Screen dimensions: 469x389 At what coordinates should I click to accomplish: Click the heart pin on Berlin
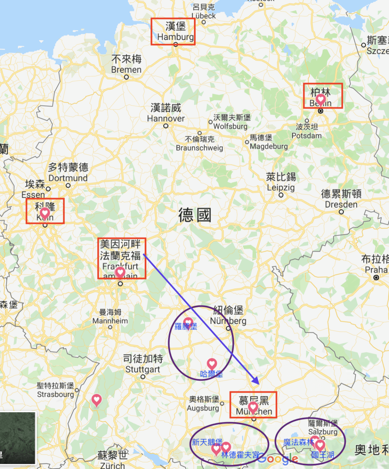click(321, 99)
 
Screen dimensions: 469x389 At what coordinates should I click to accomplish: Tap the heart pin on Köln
click(45, 213)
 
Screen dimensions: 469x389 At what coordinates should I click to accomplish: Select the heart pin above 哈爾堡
click(212, 364)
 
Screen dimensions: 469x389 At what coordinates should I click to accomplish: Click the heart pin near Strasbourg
click(96, 400)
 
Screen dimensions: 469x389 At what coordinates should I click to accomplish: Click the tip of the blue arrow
click(259, 384)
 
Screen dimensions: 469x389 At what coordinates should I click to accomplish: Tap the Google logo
click(278, 459)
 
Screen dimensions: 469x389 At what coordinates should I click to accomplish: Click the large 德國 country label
click(194, 215)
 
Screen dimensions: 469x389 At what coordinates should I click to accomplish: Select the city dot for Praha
click(376, 278)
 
